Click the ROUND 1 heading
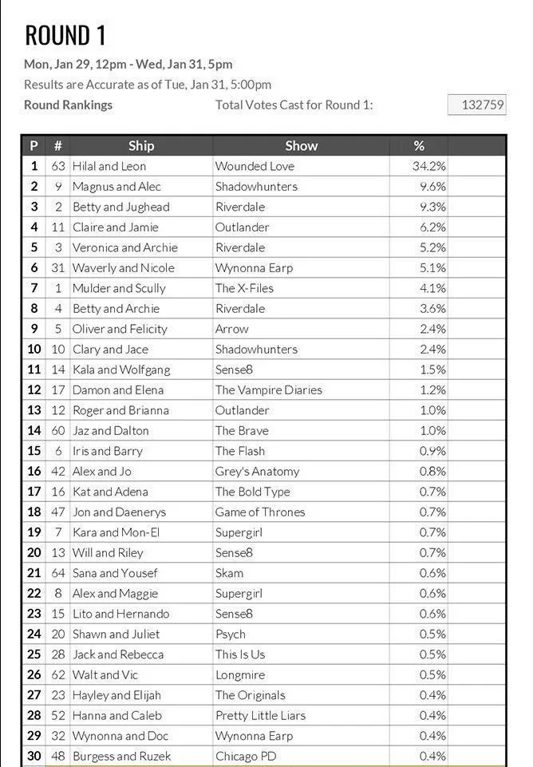65,35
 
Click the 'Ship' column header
140,145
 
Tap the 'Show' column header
301,145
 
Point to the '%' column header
419,145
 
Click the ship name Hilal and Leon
109,166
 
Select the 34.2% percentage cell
432,166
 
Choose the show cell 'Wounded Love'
255,166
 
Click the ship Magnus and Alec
116,187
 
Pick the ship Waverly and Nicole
123,268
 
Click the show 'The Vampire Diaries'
268,390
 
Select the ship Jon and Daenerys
119,512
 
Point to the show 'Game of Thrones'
260,512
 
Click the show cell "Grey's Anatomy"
257,472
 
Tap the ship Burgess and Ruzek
121,757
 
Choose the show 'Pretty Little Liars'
260,716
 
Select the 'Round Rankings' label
68,105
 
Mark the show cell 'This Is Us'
239,654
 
